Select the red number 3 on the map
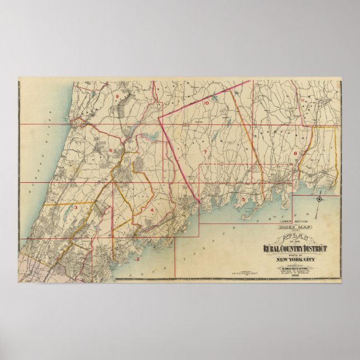pyautogui.click(x=75, y=207)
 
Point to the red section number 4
pyautogui.click(x=151, y=210)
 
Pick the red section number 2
pyautogui.click(x=137, y=258)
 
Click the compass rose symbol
pyautogui.click(x=319, y=200)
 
